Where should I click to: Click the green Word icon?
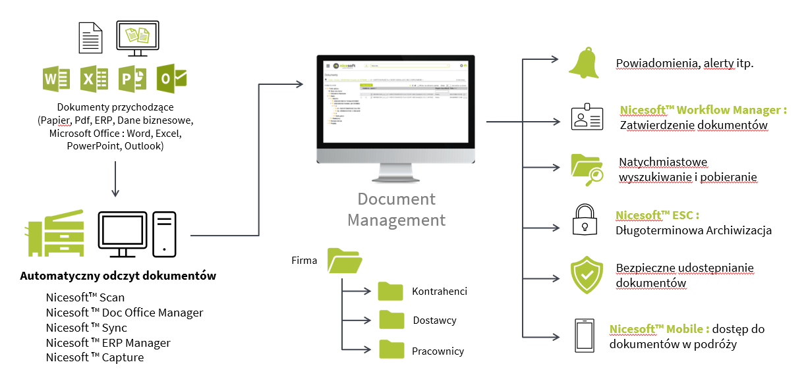tap(56, 80)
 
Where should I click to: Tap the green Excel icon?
tap(94, 80)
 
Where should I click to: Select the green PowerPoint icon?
tap(132, 80)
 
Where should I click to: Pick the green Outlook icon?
tap(171, 79)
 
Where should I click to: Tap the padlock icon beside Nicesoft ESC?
tap(584, 218)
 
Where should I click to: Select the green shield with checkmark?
tap(585, 274)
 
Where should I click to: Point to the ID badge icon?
tap(586, 116)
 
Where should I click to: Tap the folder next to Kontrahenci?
tap(391, 291)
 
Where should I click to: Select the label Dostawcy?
tap(434, 320)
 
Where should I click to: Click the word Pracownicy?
tap(438, 351)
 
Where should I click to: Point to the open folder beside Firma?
tap(345, 261)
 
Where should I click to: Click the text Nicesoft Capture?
tap(95, 357)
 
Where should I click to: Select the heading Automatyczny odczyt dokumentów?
tap(118, 276)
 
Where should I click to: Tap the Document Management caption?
tap(396, 209)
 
